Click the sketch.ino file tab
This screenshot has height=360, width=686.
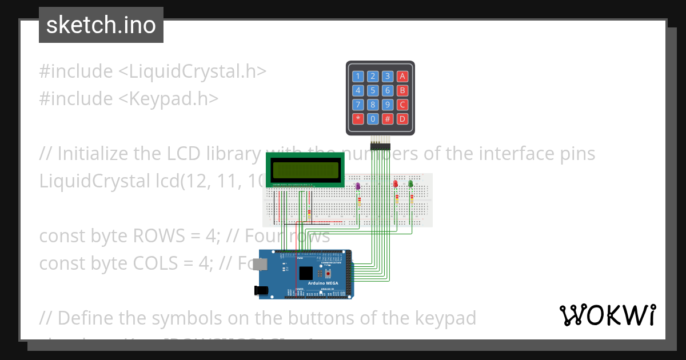point(101,25)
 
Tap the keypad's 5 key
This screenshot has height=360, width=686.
point(373,90)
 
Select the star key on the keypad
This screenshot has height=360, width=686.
point(358,119)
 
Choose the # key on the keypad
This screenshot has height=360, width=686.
point(388,119)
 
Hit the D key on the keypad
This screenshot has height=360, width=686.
point(402,119)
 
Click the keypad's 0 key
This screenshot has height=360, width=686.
point(373,119)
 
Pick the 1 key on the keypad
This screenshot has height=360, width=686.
point(358,76)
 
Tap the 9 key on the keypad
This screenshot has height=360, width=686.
point(388,105)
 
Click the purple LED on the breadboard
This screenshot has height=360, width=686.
point(358,186)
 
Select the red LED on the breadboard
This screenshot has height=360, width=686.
point(396,183)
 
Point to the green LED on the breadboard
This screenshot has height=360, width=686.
point(410,183)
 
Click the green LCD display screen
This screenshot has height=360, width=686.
point(305,170)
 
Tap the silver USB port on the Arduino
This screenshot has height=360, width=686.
point(261,264)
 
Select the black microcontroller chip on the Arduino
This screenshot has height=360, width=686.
point(306,273)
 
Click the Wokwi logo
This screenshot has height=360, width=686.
point(607,315)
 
